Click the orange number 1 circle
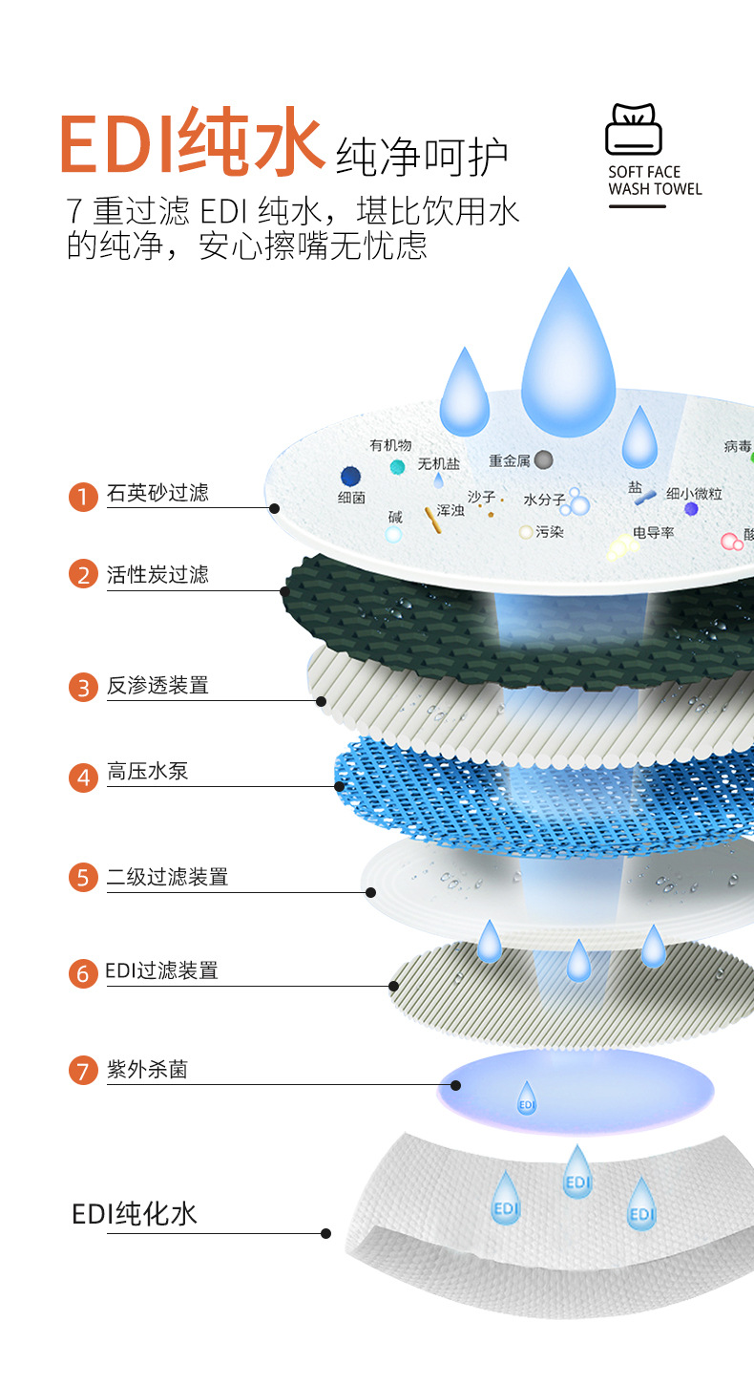[x=83, y=497]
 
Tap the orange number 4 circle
[x=83, y=778]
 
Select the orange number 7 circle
[x=83, y=1071]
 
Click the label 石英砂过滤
[x=157, y=493]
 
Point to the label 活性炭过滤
[x=157, y=575]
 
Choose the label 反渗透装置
[x=157, y=685]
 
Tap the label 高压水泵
[x=148, y=772]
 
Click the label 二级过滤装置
[x=167, y=877]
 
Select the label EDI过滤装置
[x=162, y=971]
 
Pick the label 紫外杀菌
[x=147, y=1070]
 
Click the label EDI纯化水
[x=135, y=1214]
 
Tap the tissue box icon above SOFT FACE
[x=634, y=130]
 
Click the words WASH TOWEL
[x=655, y=189]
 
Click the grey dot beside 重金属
[x=543, y=460]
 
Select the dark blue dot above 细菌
[x=350, y=476]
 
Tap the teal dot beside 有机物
[x=397, y=467]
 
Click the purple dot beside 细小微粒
[x=691, y=508]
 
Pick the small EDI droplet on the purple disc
[x=526, y=1097]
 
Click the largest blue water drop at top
[x=569, y=353]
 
